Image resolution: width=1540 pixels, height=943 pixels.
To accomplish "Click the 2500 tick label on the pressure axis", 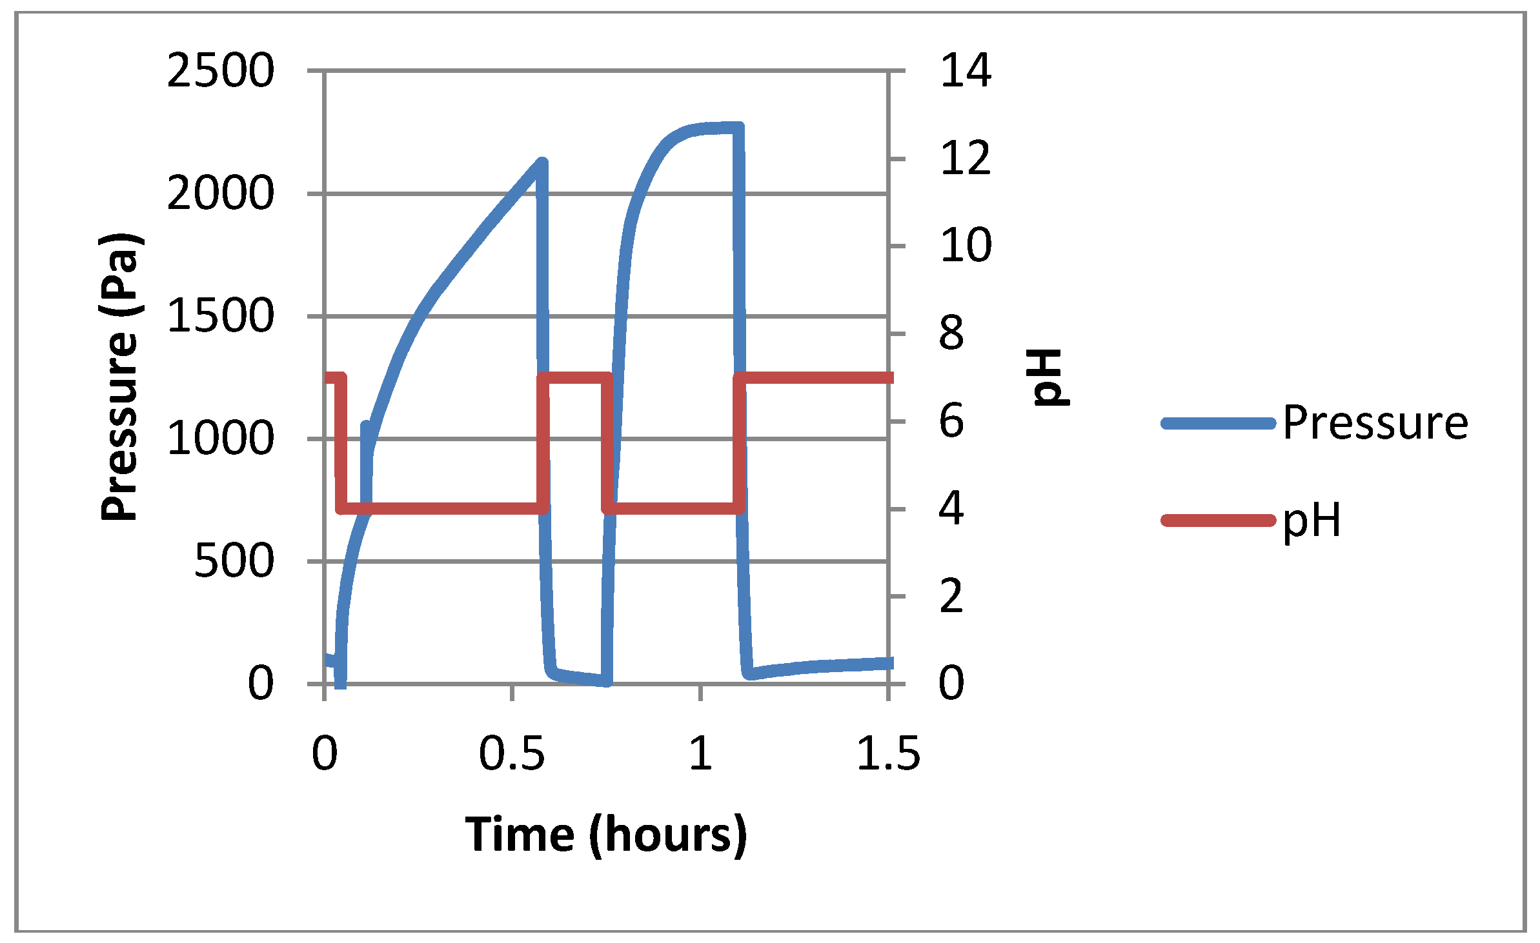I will (220, 71).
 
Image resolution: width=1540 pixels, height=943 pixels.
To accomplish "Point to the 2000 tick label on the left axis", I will (220, 194).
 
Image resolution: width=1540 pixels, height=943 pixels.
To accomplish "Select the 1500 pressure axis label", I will (220, 316).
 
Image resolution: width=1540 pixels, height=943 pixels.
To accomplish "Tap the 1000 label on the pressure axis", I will (220, 439).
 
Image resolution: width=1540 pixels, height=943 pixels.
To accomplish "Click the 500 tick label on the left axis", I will (234, 561).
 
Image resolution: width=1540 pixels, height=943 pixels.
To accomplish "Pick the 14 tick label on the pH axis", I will (965, 71).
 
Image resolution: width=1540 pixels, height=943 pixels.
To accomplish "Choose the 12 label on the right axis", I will (965, 158).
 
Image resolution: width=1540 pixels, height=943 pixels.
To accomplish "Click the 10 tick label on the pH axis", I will (965, 246).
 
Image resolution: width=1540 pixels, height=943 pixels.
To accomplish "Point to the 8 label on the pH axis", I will (951, 333).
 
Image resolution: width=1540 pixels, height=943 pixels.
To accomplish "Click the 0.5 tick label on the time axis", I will (512, 753).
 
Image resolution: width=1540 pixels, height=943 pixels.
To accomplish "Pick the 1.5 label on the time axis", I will (888, 753).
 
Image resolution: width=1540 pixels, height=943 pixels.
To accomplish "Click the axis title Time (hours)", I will (605, 835).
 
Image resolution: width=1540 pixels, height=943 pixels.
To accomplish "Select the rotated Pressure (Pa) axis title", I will (120, 377).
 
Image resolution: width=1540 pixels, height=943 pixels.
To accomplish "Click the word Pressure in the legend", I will (1375, 423).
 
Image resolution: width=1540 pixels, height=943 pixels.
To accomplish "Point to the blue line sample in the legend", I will (1218, 424).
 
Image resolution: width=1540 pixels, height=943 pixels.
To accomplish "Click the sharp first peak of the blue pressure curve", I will (542, 162).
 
